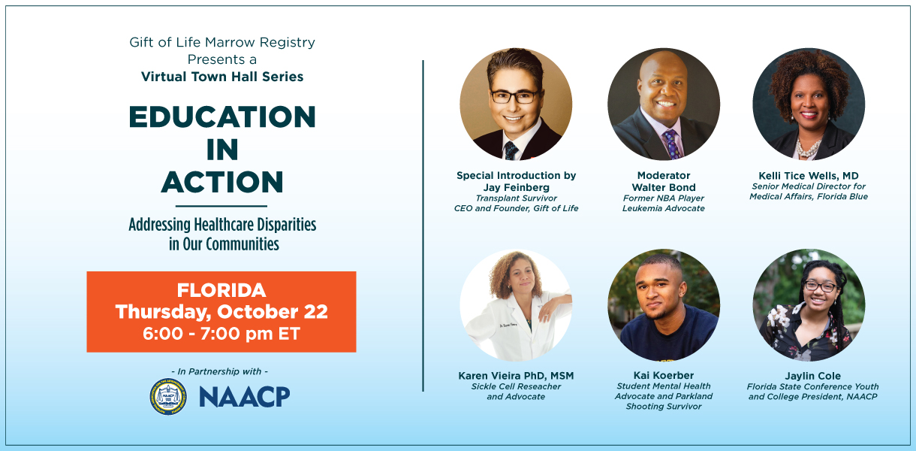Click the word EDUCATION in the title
coord(222,117)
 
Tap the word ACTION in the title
coord(222,182)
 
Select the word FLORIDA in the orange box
coord(221,291)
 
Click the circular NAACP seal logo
coord(168,397)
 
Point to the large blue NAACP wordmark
coord(245,397)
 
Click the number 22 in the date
coord(315,312)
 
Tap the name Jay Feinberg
coord(516,187)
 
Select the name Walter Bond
coord(663,187)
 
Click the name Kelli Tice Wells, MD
coord(809,176)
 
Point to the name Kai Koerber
coord(663,375)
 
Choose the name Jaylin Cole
coord(812,376)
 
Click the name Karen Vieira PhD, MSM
coord(516,376)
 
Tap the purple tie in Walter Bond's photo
coord(672,144)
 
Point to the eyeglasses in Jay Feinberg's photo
coord(515,96)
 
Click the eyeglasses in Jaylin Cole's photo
coord(820,286)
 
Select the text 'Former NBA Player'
coord(663,198)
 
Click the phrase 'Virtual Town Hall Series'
coord(222,77)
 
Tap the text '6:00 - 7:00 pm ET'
coord(221,334)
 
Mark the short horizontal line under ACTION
coord(221,206)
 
